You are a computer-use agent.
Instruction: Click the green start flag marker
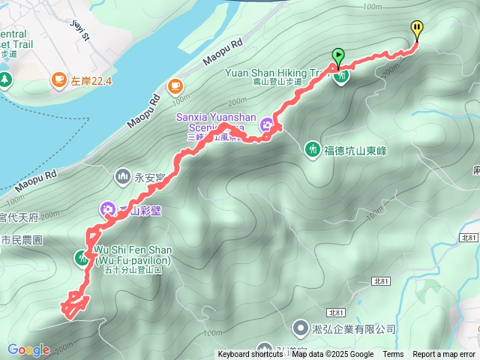pos(338,55)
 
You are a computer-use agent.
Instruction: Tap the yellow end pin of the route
pos(416,30)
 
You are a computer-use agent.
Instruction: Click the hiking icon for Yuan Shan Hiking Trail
pos(341,76)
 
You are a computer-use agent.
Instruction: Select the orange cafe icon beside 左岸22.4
pos(59,79)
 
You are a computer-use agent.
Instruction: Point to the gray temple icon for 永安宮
pos(122,176)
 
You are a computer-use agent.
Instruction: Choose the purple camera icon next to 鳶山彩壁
pos(107,208)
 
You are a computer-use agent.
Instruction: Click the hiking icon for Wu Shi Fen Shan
pos(82,257)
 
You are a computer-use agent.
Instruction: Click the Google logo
pos(28,349)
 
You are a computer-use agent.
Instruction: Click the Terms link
pos(393,355)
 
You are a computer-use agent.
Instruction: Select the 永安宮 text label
pos(148,179)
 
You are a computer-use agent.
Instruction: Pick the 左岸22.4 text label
pos(92,79)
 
